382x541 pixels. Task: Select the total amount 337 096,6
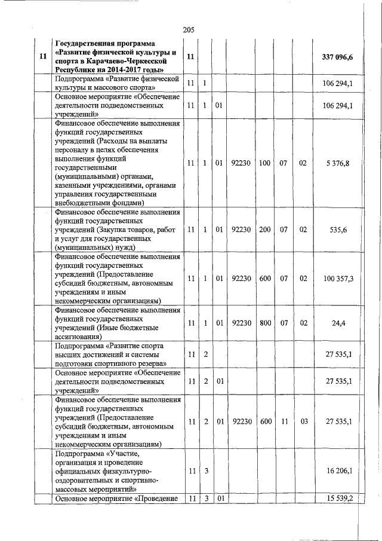(x=337, y=57)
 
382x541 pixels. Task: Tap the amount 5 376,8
(x=338, y=163)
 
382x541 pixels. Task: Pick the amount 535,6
(x=338, y=229)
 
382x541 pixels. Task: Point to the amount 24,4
(x=338, y=323)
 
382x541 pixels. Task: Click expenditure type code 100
(x=265, y=163)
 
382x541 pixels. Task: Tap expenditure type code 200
(x=265, y=229)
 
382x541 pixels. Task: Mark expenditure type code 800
(x=265, y=323)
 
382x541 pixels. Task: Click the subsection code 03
(x=304, y=421)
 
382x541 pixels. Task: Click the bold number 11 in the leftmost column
(x=42, y=57)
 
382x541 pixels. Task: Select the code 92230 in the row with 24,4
(x=240, y=323)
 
